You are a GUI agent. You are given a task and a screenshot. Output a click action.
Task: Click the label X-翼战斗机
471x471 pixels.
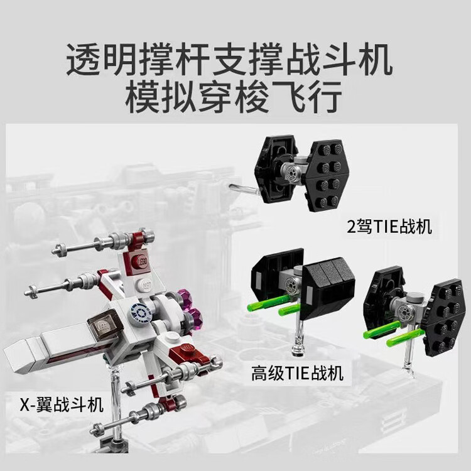pyautogui.click(x=62, y=404)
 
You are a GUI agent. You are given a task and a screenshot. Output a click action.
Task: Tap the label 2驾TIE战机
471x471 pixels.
pyautogui.click(x=389, y=227)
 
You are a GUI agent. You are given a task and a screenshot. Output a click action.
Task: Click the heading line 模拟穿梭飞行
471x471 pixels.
pyautogui.click(x=234, y=97)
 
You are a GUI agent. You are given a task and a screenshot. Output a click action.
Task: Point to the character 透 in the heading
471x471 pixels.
pyautogui.click(x=84, y=59)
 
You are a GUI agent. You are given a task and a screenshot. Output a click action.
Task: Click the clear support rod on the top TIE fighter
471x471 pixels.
pyautogui.click(x=244, y=188)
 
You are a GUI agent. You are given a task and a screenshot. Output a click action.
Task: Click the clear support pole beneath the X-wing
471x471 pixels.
pyautogui.click(x=115, y=399)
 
